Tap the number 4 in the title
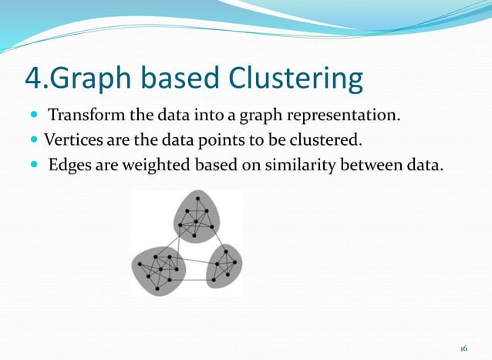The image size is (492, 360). (33, 79)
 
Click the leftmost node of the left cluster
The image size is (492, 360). (140, 264)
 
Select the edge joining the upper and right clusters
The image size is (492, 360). (218, 239)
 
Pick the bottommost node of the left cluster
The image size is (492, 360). (157, 289)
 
